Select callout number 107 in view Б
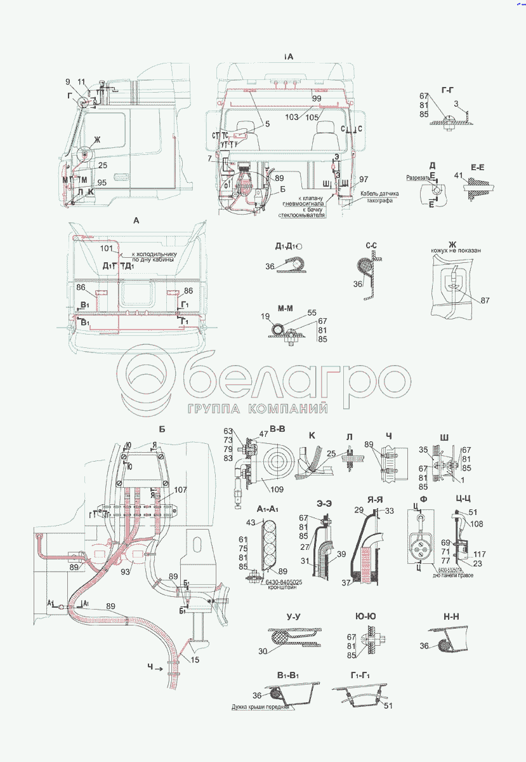180,490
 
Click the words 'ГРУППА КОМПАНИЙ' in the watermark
257,408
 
